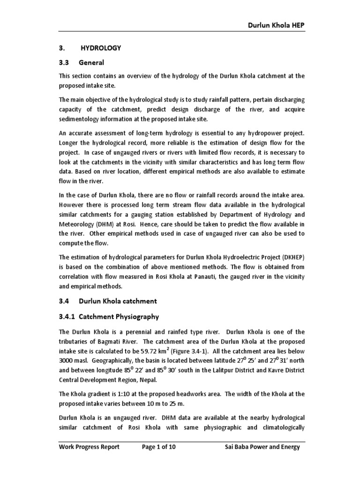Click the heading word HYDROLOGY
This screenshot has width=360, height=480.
(101, 48)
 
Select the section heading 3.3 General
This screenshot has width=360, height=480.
(81, 62)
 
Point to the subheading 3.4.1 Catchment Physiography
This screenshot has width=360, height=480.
(109, 316)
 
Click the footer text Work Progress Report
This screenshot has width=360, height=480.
(89, 447)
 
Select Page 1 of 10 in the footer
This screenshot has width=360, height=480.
(159, 447)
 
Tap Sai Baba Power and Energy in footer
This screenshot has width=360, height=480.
(262, 447)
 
